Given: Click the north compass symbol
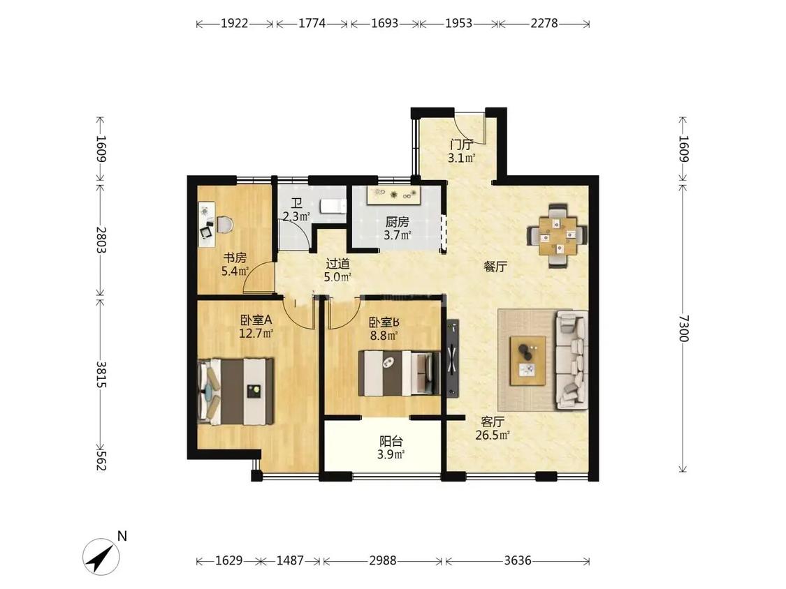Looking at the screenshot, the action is coord(101,556).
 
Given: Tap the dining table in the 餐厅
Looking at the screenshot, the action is coord(558,235).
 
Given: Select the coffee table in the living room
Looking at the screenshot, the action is coord(528,361).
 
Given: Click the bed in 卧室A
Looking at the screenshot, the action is coord(236,392).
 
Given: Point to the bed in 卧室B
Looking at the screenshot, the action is coord(399,373).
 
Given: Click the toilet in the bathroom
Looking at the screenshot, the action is coord(333,207).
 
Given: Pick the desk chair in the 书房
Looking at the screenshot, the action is coord(224,224).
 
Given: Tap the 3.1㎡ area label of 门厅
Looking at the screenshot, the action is coord(461,159).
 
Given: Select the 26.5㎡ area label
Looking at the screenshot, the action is coord(493,435).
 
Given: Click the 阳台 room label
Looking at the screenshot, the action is coord(391,441).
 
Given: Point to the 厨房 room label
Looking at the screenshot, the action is coord(397,222).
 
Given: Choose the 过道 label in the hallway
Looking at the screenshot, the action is coord(338,264).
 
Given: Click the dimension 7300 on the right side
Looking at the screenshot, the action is coord(683,328).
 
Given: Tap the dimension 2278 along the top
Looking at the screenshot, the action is coord(544,23).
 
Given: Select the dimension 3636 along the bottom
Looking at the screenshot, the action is coord(517,560).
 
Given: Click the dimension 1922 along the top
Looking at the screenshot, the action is coord(235,23).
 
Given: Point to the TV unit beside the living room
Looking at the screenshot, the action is coord(453,357).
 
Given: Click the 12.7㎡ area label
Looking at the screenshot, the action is coord(256,333).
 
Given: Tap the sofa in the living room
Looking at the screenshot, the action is coord(572,359).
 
